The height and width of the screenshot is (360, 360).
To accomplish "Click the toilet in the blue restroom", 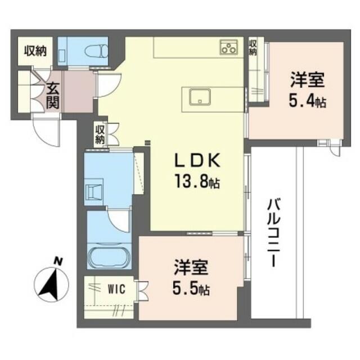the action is coord(96,51).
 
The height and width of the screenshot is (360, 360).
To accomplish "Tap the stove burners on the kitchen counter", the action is coord(229,47).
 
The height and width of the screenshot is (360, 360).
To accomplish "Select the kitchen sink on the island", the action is coord(200,97).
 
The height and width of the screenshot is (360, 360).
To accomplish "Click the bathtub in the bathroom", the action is coord(109,257).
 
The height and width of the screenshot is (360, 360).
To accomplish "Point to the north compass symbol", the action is coord(51,284).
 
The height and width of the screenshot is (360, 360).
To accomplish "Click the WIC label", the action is coord(116,289).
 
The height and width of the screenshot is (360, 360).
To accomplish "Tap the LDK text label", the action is coord(197,160).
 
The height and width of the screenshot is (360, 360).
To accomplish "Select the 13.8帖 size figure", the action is coord(197,181).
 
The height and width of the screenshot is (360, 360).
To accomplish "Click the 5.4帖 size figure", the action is coord(308,101).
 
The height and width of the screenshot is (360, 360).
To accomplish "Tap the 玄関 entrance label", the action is coord(53,96).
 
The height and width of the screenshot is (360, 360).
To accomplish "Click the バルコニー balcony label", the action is coord(274,233).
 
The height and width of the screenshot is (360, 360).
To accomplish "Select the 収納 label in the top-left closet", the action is coord(35,51).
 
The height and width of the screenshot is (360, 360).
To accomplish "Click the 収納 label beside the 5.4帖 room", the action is coord(253,47).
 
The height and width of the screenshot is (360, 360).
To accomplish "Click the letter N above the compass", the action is coord(58,262).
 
